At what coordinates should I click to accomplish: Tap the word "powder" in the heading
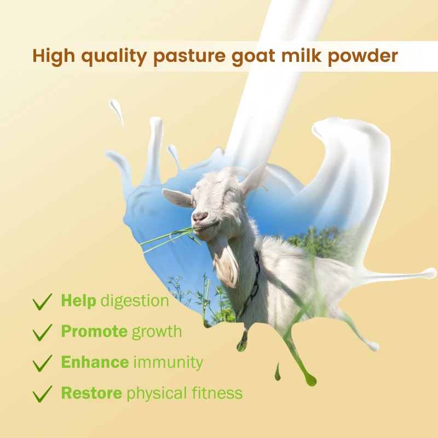click(364, 56)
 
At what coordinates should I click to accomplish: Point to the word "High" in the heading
click(51, 56)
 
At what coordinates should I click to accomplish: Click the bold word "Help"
click(78, 300)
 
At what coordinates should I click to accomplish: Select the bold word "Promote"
click(94, 331)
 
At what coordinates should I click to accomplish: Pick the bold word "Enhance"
click(95, 362)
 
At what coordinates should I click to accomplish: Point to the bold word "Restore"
click(91, 393)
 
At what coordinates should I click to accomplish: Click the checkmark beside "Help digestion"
click(42, 301)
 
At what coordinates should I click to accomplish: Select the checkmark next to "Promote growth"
click(42, 332)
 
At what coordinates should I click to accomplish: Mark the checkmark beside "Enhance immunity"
click(42, 362)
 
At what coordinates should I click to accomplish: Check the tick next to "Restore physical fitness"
click(42, 393)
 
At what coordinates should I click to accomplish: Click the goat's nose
click(200, 216)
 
